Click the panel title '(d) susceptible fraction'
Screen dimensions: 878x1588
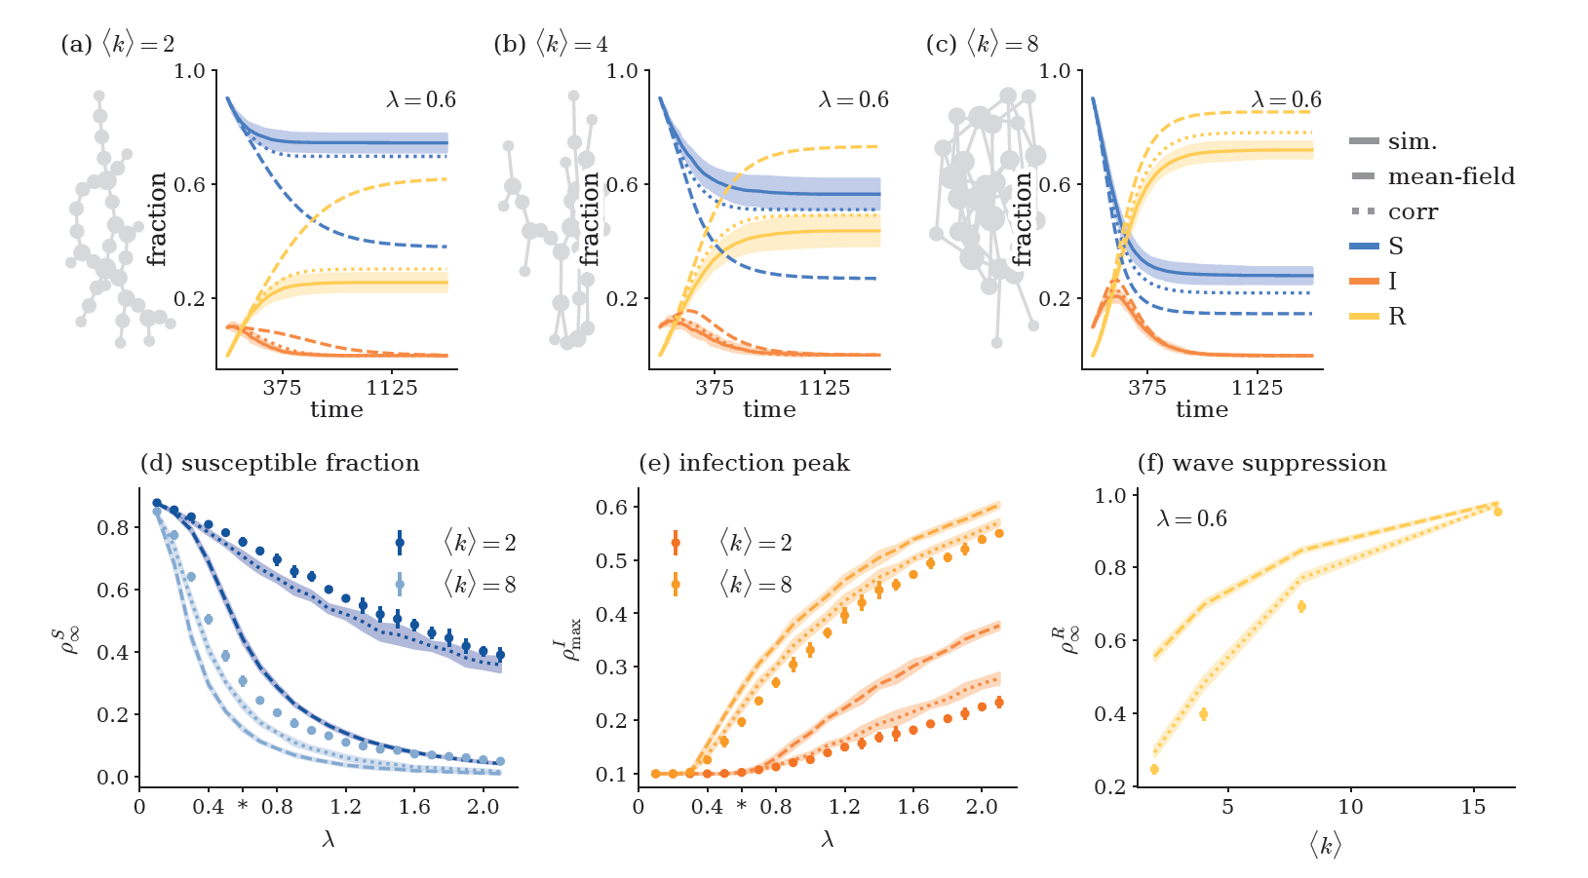click(x=280, y=463)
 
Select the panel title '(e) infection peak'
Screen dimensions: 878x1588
click(x=744, y=463)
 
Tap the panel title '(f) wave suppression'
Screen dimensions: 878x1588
click(x=1261, y=463)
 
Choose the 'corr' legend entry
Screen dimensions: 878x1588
click(x=1413, y=212)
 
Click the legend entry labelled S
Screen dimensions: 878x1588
click(x=1396, y=247)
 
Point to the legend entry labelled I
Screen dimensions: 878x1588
click(x=1392, y=282)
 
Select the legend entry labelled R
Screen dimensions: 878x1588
click(x=1397, y=317)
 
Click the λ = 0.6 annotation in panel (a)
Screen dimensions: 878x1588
click(x=420, y=100)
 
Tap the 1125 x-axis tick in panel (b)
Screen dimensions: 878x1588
click(x=825, y=388)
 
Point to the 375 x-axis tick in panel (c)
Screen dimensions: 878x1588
click(x=1147, y=388)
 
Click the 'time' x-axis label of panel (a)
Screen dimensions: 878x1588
click(x=336, y=409)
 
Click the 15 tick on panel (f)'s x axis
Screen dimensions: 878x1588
click(x=1473, y=807)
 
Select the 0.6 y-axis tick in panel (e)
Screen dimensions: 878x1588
click(x=612, y=507)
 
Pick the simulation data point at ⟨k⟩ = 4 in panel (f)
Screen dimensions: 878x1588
click(x=1203, y=714)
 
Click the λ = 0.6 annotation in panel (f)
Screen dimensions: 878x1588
click(x=1191, y=519)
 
